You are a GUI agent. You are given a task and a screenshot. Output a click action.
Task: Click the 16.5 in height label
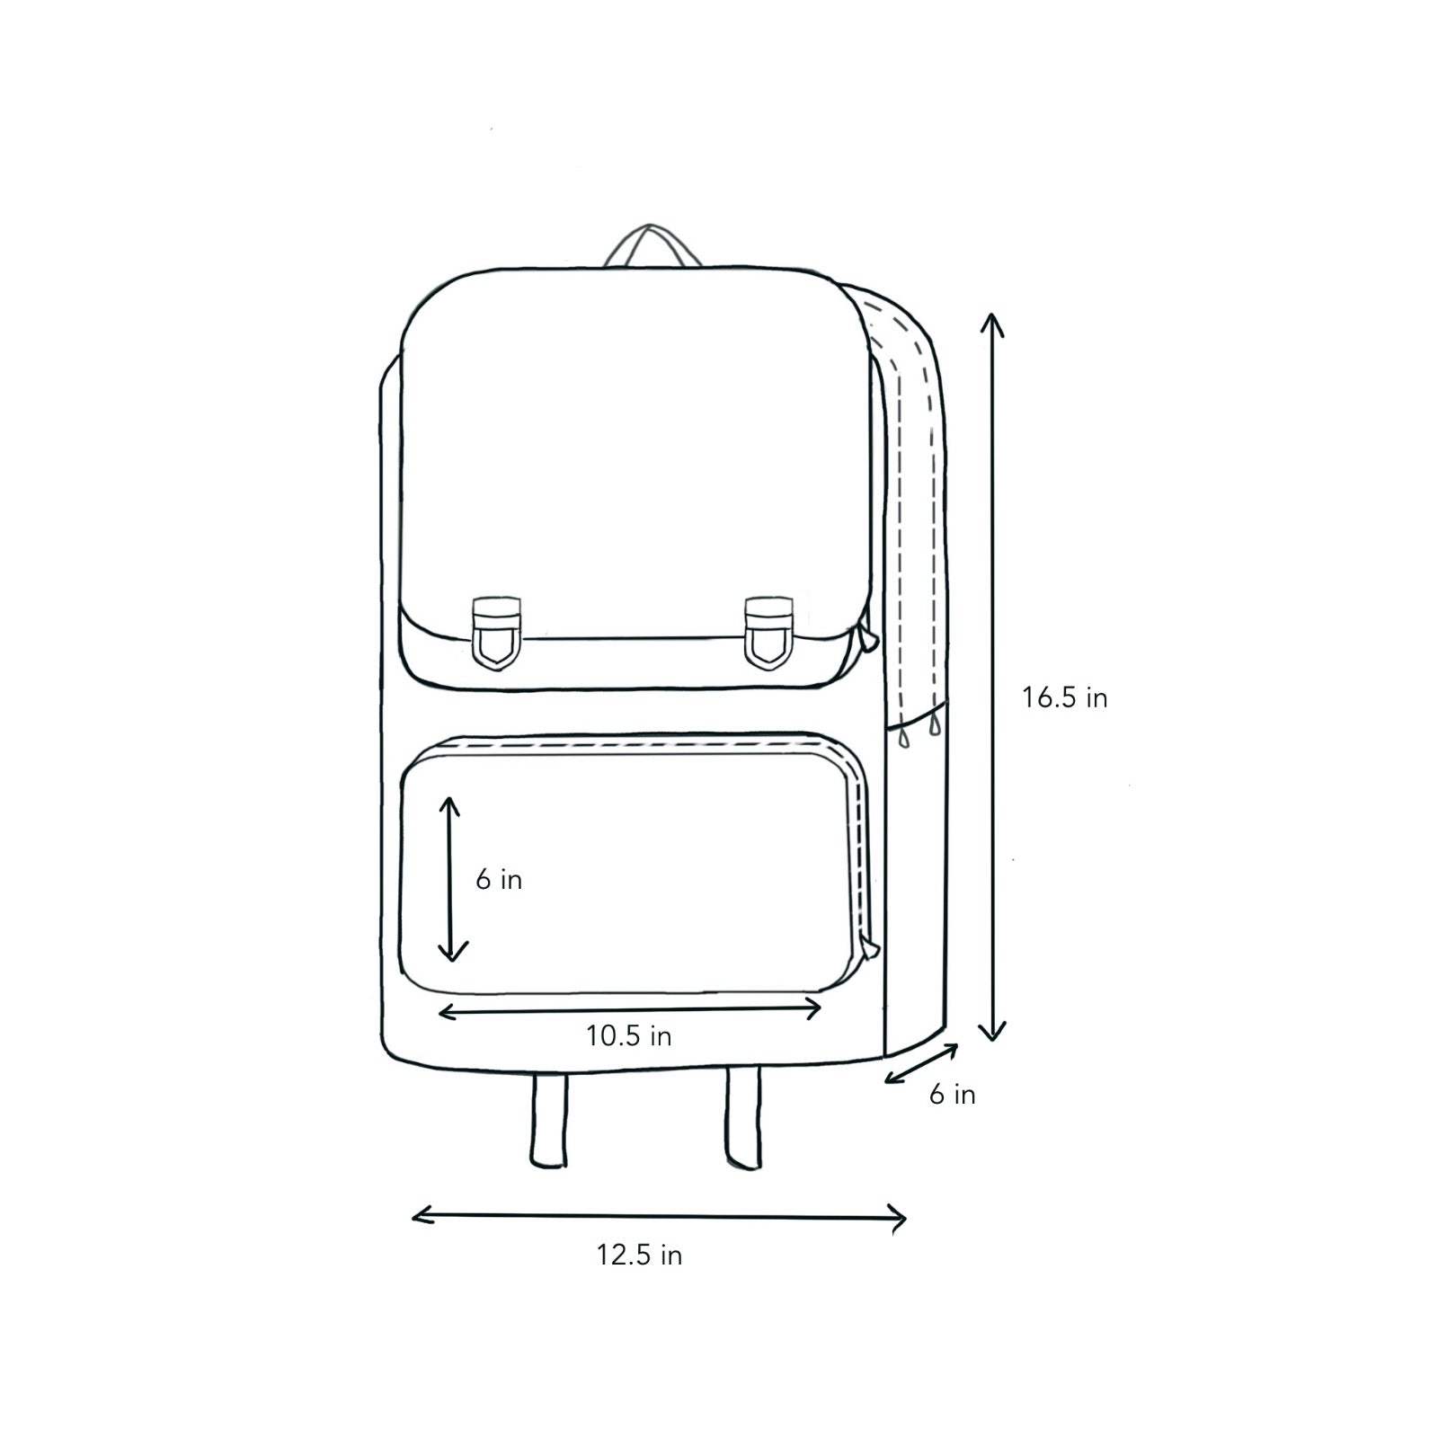tap(1064, 697)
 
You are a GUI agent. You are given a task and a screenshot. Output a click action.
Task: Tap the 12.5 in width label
tap(639, 1255)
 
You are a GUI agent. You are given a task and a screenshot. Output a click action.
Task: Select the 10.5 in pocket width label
tap(629, 1036)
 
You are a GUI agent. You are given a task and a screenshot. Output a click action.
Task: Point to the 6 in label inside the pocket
tap(499, 880)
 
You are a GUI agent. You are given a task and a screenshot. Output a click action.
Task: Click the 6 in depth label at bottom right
tap(953, 1094)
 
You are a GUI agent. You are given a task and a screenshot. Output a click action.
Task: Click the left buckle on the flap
tap(495, 632)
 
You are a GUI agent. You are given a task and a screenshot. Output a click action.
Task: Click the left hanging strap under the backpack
tap(549, 1119)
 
